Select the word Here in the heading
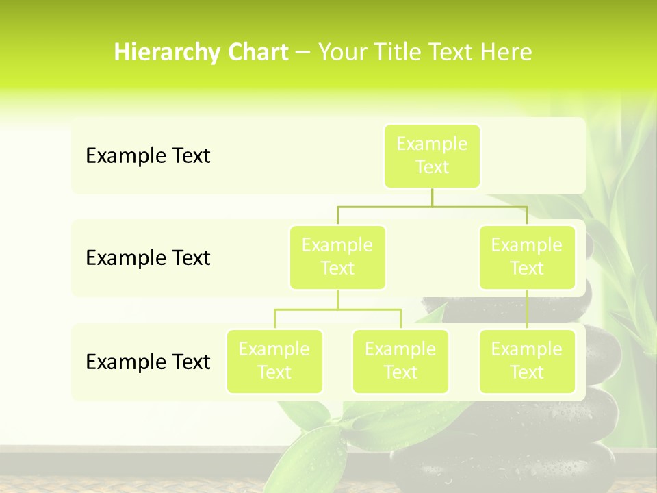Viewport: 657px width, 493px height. pyautogui.click(x=505, y=53)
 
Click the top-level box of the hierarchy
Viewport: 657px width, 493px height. pyautogui.click(x=432, y=155)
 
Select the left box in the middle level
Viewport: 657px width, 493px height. pyautogui.click(x=337, y=257)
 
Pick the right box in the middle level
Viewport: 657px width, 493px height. pyautogui.click(x=527, y=257)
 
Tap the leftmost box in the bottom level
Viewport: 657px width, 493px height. pyautogui.click(x=274, y=361)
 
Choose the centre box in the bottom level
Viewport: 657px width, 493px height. pyautogui.click(x=400, y=361)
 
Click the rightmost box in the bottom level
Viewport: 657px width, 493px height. pyautogui.click(x=527, y=361)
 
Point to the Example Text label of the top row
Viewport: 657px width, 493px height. pyautogui.click(x=148, y=156)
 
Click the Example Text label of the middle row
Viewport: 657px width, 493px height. pyautogui.click(x=148, y=258)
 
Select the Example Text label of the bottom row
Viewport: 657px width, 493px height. pyautogui.click(x=148, y=362)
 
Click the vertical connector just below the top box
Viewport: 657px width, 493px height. pyautogui.click(x=432, y=197)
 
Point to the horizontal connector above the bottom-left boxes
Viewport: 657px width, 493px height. pyautogui.click(x=337, y=309)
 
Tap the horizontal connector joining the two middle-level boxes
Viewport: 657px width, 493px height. pyautogui.click(x=432, y=205)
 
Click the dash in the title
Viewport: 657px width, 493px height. pyautogui.click(x=303, y=53)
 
